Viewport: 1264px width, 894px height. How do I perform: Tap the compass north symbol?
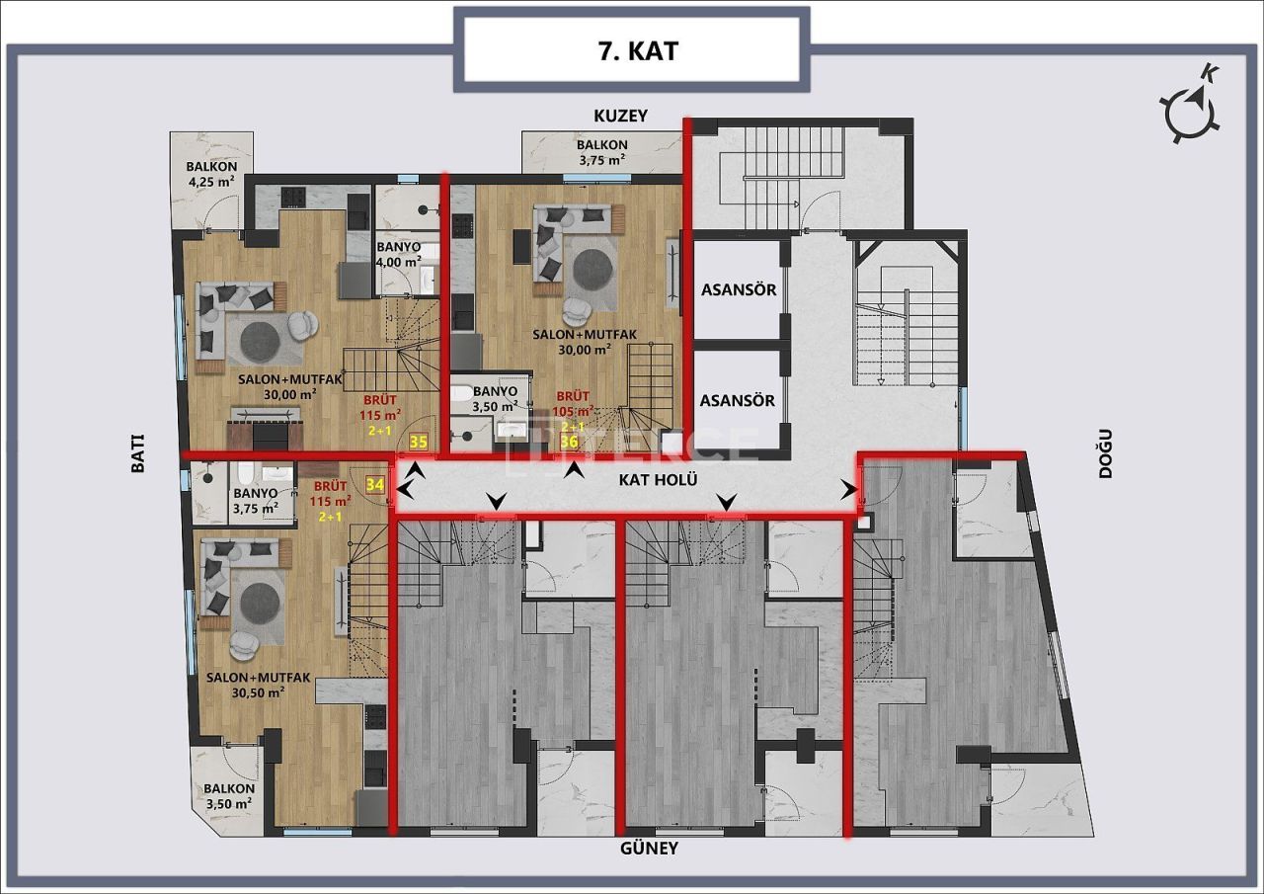(1193, 108)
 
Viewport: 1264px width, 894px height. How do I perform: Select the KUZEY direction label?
(619, 116)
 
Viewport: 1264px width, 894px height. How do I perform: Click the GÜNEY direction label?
(649, 849)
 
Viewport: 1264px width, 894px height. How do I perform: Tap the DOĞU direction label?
(1105, 453)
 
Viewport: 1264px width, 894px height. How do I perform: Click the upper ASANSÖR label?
(738, 290)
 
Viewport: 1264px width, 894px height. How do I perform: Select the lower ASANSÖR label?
(738, 400)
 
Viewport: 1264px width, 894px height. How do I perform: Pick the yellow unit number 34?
(374, 484)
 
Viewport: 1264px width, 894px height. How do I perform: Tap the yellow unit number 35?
(418, 444)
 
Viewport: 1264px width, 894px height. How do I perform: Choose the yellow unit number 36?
(569, 443)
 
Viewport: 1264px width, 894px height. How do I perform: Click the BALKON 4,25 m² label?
(211, 174)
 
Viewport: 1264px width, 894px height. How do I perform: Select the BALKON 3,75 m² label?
(601, 151)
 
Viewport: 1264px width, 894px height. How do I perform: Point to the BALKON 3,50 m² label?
(229, 796)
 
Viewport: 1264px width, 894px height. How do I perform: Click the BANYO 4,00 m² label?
(399, 254)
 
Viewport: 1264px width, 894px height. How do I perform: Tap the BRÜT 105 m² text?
(574, 404)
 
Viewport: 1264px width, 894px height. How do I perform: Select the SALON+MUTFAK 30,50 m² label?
(259, 685)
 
